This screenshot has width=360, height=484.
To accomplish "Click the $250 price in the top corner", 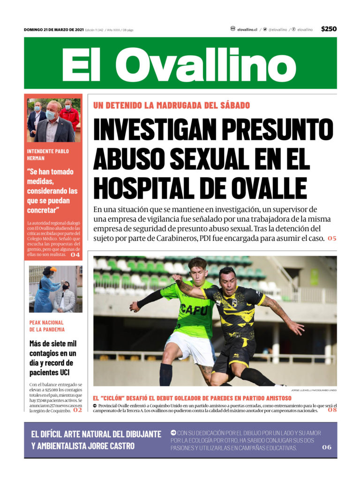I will coord(329,29).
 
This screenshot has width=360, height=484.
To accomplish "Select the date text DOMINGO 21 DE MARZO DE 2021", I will coord(53,30).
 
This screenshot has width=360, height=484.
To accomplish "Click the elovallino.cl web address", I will coord(247,30).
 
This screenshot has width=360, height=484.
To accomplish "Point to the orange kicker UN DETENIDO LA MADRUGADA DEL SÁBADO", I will coord(172,105).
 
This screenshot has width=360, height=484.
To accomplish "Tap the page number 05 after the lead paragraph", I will coord(332,238).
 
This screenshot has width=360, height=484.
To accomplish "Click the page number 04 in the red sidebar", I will coord(75,255).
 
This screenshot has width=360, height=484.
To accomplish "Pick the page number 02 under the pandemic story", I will coord(77,410).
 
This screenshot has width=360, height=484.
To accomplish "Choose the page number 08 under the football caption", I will coord(332,410).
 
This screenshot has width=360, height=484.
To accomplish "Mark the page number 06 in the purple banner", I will coord(327,447).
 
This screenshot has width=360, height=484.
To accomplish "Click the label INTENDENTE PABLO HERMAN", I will coord(48,155).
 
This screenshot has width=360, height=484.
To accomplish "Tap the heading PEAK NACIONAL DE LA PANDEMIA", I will coord(46,326).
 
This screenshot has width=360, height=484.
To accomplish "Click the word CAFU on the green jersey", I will coord(193,310).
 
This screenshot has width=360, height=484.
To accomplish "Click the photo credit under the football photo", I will coord(313,390).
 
